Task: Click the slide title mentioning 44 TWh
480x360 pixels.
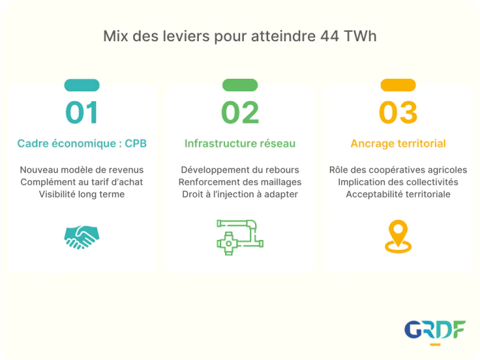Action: pos(240,36)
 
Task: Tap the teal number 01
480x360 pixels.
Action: pos(82,112)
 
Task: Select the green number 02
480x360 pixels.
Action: pos(240,112)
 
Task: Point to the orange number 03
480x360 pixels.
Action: pos(398,112)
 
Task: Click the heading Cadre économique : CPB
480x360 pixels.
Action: pos(82,143)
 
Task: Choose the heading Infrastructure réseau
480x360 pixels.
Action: pos(240,143)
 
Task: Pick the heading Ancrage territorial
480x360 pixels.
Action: pos(398,143)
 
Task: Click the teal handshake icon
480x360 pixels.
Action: pos(82,237)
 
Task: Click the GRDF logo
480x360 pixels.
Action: pos(435,330)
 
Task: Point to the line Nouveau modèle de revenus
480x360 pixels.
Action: pos(82,170)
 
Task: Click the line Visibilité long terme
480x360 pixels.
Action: pos(82,194)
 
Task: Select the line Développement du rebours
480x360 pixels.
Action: pos(240,170)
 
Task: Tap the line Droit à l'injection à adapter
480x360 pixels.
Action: pos(240,194)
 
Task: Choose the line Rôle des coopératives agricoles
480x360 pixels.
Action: pos(398,170)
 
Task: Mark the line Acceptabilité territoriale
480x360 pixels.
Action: pos(398,194)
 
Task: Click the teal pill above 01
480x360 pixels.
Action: pos(82,85)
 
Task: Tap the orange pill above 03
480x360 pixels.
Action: pos(398,85)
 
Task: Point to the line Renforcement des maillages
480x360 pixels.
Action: pos(240,182)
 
